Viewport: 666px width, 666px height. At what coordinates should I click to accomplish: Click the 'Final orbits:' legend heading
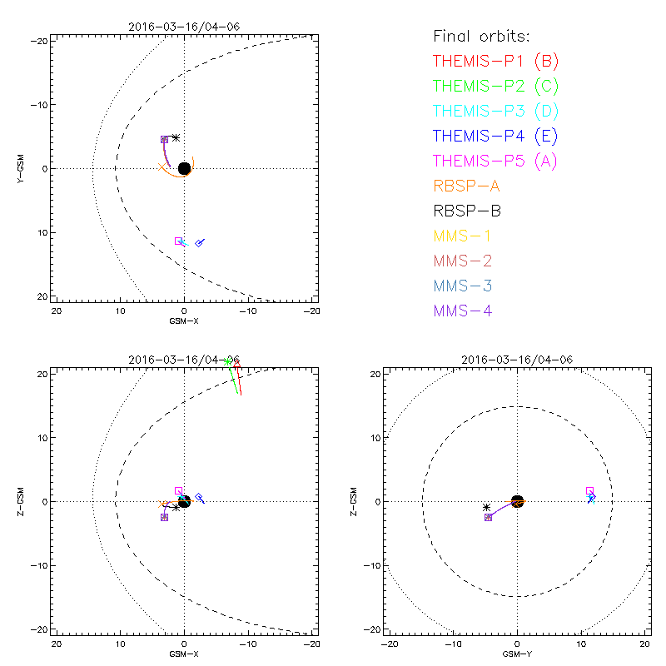[x=481, y=36]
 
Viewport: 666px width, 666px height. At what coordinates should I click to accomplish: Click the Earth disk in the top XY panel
[x=184, y=168]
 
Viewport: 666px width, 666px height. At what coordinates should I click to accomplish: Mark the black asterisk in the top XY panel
[x=176, y=137]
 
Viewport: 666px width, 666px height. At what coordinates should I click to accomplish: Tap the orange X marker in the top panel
[x=162, y=167]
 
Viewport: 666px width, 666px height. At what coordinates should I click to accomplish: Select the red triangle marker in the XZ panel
[x=237, y=364]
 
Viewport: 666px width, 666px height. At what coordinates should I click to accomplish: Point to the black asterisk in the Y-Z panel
[x=486, y=507]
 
